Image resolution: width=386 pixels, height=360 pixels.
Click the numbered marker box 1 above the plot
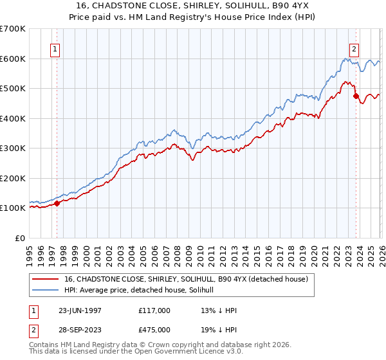(55, 49)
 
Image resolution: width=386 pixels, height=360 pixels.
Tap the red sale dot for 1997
(57, 203)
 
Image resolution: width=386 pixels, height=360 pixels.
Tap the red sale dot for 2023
(356, 96)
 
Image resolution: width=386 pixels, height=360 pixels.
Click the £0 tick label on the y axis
(19, 238)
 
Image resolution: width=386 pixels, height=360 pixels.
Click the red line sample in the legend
(46, 279)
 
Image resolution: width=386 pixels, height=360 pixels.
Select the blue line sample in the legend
(46, 290)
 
